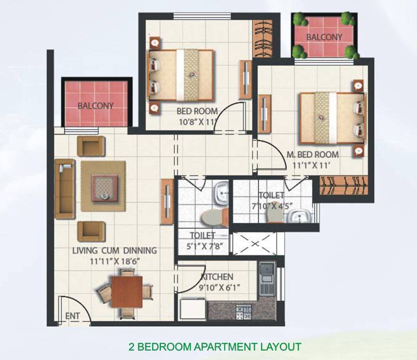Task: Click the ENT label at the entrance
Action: click(72, 316)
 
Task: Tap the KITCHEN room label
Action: click(217, 277)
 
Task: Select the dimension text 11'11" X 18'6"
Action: click(115, 261)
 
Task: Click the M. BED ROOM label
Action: click(313, 155)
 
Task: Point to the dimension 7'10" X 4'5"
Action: click(272, 206)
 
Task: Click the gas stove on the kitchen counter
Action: click(244, 312)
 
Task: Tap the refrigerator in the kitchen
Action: click(193, 309)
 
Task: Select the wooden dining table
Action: click(126, 291)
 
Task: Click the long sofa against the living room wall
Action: click(65, 189)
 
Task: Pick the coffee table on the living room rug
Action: click(104, 188)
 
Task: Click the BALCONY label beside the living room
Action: click(96, 106)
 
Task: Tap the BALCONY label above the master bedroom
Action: click(324, 37)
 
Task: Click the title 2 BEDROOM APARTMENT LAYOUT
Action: click(215, 347)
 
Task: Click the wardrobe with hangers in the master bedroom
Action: click(343, 186)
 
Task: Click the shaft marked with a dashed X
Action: click(255, 244)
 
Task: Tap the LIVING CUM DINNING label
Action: click(114, 250)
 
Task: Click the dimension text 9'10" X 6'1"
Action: click(220, 288)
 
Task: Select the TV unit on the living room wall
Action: click(167, 202)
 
